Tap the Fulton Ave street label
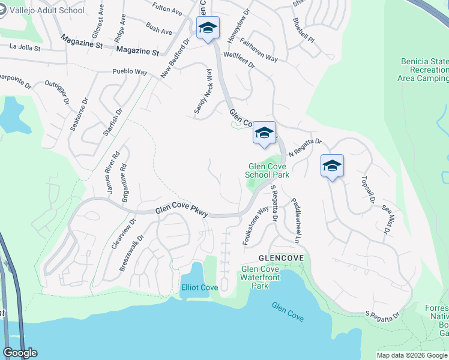pyautogui.click(x=167, y=9)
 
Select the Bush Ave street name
pyautogui.click(x=158, y=28)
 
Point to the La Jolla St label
pyautogui.click(x=25, y=47)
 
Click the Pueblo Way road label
pyautogui.click(x=130, y=72)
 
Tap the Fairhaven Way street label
pyautogui.click(x=258, y=50)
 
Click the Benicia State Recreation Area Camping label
pyautogui.click(x=423, y=70)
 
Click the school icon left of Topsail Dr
pyautogui.click(x=331, y=166)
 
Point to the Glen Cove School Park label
pyautogui.click(x=267, y=170)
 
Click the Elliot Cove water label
pyautogui.click(x=199, y=287)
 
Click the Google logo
pyautogui.click(x=20, y=353)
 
